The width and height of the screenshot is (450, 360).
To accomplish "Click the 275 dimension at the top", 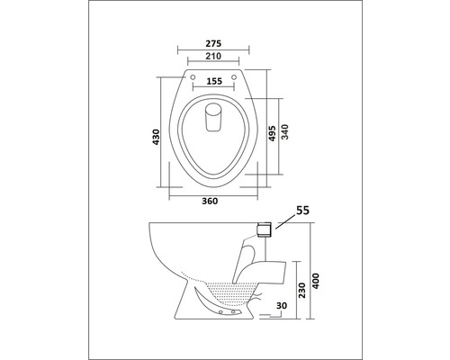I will click(213, 42).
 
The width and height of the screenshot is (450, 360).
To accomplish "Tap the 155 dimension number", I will click(213, 81).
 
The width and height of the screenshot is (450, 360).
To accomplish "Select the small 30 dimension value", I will click(282, 307).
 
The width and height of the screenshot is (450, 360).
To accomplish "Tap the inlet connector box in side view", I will click(263, 230).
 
